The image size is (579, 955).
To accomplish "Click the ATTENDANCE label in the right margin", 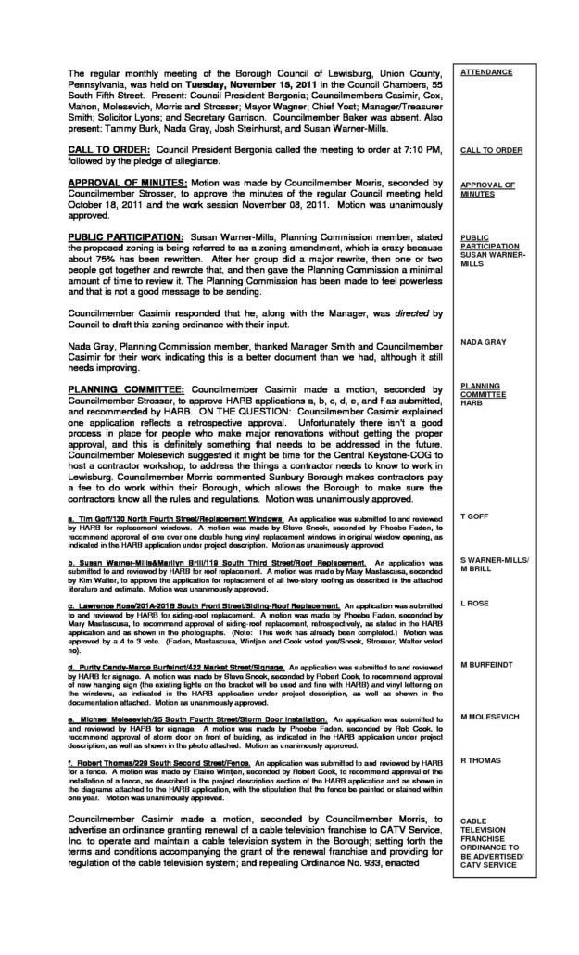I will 486,72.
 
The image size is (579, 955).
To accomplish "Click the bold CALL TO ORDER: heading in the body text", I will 110,149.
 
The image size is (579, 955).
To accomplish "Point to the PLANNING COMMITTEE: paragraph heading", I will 127,385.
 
